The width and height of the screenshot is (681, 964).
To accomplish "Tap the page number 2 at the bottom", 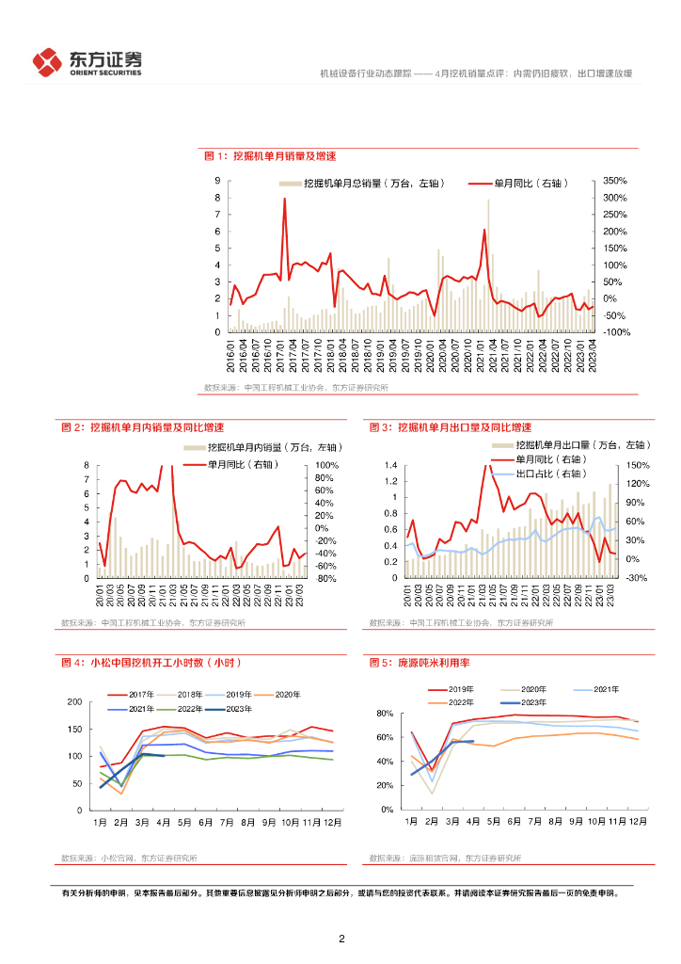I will pyautogui.click(x=341, y=939).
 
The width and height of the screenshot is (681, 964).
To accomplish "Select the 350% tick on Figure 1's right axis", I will pyautogui.click(x=614, y=181).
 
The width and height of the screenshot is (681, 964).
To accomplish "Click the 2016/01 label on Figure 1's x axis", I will pyautogui.click(x=230, y=359).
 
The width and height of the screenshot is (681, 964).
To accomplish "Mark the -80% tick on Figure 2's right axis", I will pyautogui.click(x=326, y=579).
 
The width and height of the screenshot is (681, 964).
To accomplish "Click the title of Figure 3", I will pyautogui.click(x=451, y=427).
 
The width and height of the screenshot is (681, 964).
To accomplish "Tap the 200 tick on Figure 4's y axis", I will pyautogui.click(x=74, y=702).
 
